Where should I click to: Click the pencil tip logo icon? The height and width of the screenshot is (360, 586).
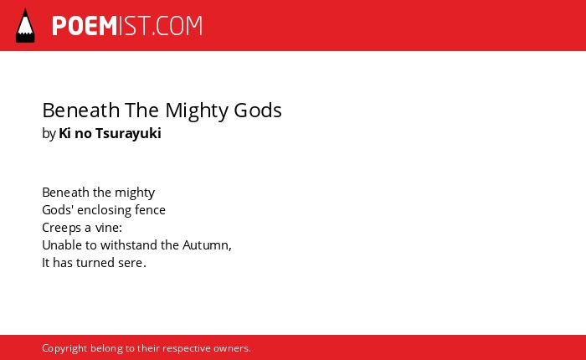click(x=25, y=26)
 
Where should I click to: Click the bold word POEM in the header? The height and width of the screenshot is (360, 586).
click(x=85, y=26)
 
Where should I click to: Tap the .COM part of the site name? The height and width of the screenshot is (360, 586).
click(x=177, y=26)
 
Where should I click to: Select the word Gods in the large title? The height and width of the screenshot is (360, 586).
click(x=258, y=111)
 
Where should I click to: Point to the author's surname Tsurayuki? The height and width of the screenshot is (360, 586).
click(x=128, y=134)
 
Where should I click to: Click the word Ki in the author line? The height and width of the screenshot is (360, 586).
click(x=65, y=133)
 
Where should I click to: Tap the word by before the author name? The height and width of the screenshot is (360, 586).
click(x=49, y=134)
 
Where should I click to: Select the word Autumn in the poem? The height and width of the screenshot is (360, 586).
click(x=206, y=245)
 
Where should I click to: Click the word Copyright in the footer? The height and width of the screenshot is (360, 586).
click(x=64, y=349)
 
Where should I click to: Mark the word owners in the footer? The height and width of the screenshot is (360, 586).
click(x=230, y=349)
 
